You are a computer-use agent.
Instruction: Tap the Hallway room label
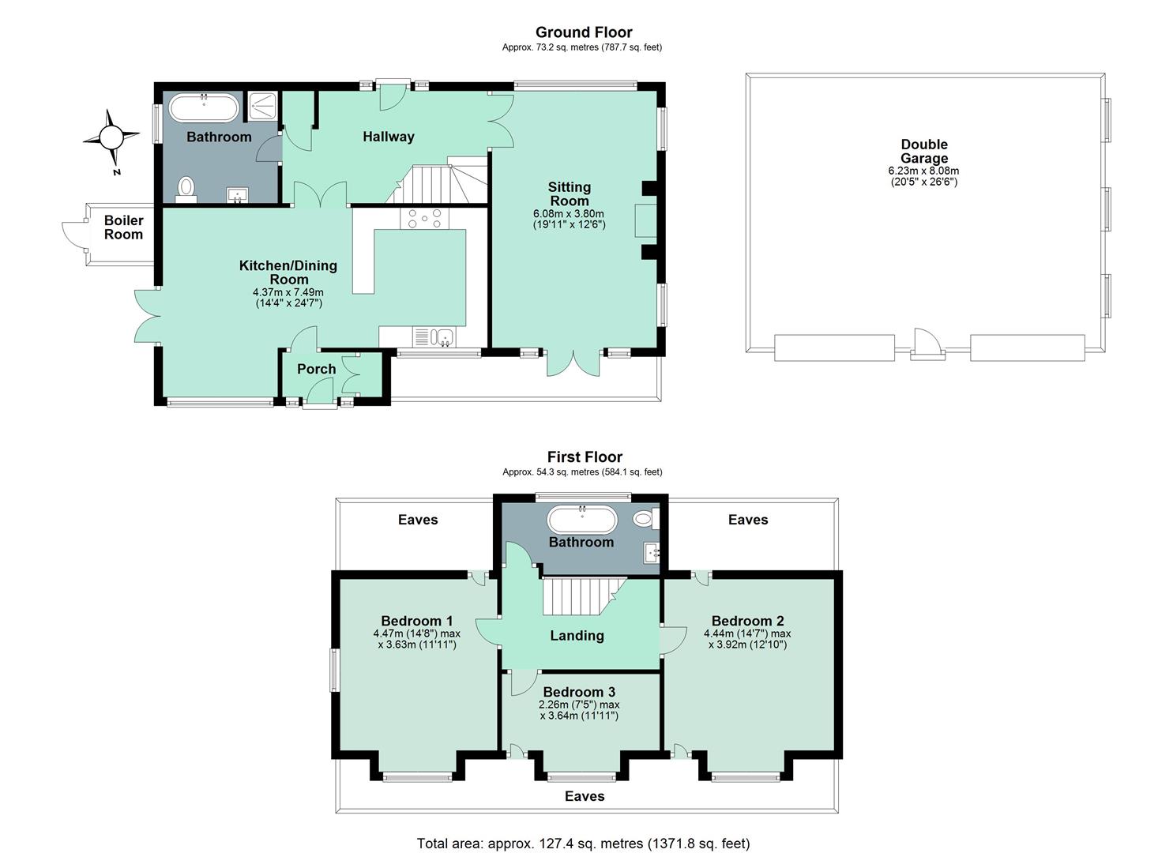[x=389, y=137]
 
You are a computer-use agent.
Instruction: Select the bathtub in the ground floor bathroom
[x=204, y=107]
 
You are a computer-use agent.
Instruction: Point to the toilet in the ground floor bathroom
[x=186, y=190]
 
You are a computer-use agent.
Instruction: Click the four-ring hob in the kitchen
[x=425, y=218]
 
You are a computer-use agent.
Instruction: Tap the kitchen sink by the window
[x=434, y=336]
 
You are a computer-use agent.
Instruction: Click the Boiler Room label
[x=123, y=227]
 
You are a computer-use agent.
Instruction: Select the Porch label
[x=316, y=369]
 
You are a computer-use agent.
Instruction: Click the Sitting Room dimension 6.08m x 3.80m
[x=569, y=213]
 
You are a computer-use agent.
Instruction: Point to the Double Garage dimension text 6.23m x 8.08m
[x=923, y=171]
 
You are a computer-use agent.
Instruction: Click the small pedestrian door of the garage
[x=927, y=344]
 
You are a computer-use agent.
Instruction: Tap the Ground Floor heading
[x=584, y=32]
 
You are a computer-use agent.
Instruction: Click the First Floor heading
[x=585, y=457]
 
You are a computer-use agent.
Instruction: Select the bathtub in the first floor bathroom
[x=582, y=520]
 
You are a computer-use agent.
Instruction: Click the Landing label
[x=577, y=636]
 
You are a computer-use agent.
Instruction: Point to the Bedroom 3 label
[x=579, y=692]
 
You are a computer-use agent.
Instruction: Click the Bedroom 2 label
[x=748, y=621]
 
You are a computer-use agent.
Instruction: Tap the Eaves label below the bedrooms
[x=585, y=796]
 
